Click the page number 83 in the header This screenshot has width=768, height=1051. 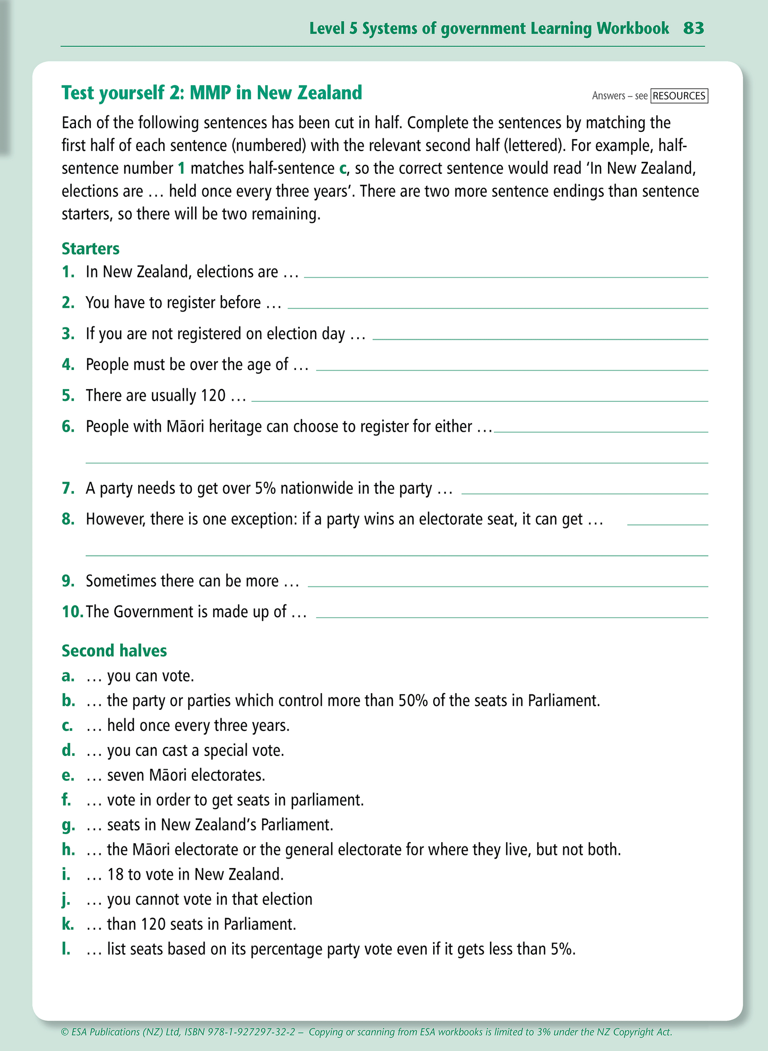click(x=694, y=28)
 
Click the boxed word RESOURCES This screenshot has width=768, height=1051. click(x=679, y=96)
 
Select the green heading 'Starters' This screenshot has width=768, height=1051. click(x=90, y=249)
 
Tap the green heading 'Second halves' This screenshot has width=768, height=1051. click(x=114, y=651)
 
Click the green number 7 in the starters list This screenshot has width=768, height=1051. click(x=68, y=488)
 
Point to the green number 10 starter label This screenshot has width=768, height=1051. click(x=72, y=611)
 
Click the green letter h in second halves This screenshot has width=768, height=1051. click(x=68, y=850)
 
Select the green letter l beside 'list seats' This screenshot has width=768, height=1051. click(x=66, y=949)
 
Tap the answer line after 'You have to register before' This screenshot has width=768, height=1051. click(x=497, y=308)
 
